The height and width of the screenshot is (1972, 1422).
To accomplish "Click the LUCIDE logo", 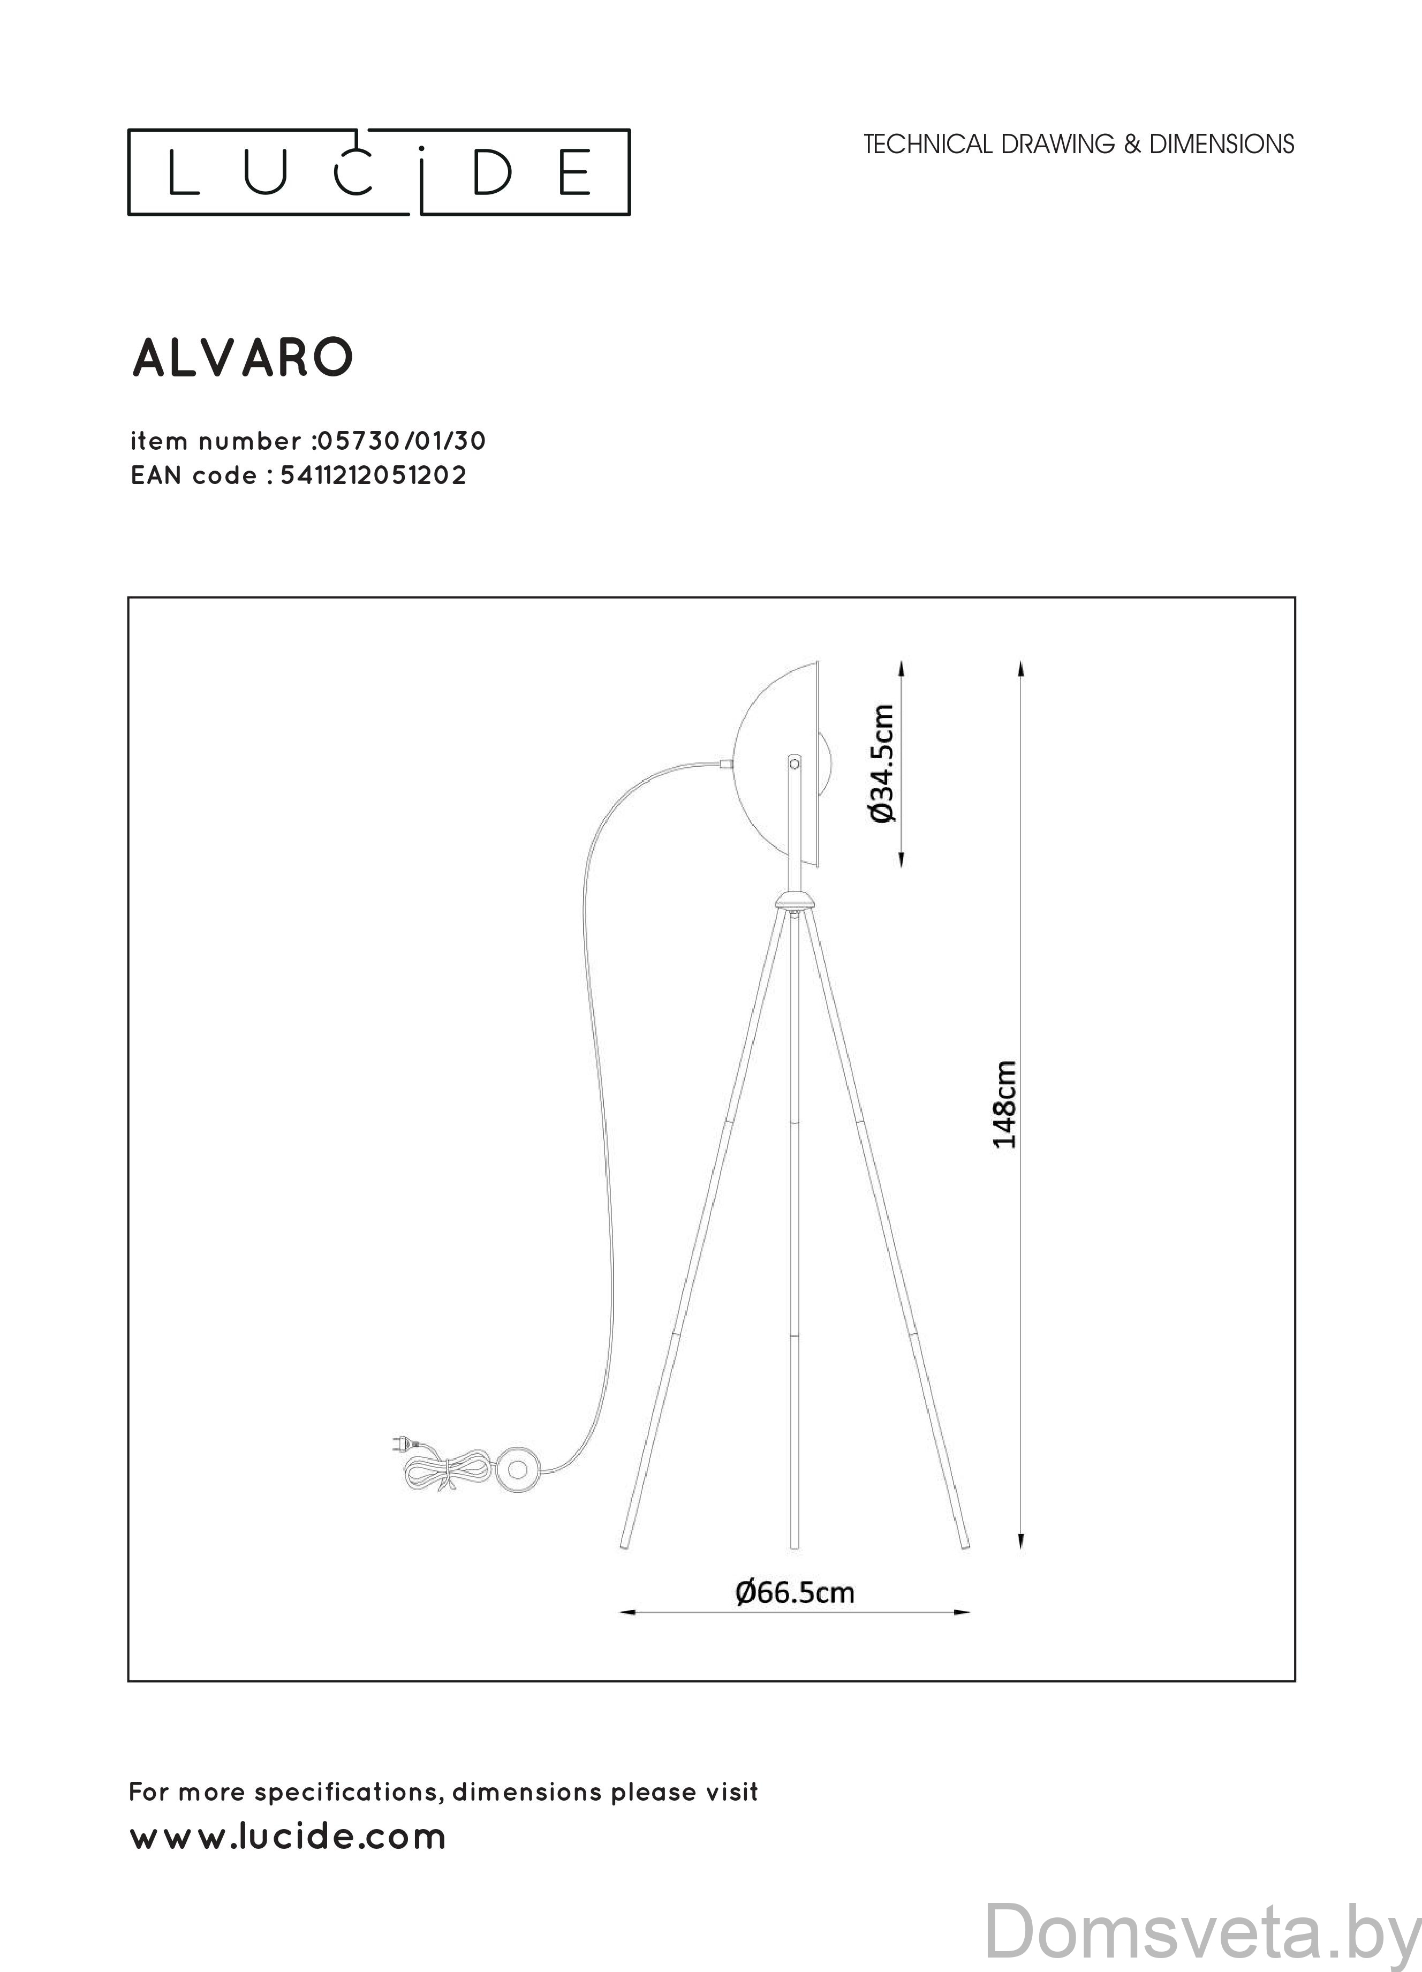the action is pyautogui.click(x=379, y=172).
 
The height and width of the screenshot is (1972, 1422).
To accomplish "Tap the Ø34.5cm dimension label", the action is pyautogui.click(x=881, y=764).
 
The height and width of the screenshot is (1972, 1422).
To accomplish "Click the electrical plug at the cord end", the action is pyautogui.click(x=398, y=1445).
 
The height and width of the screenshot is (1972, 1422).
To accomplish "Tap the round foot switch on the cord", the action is pyautogui.click(x=519, y=1469).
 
